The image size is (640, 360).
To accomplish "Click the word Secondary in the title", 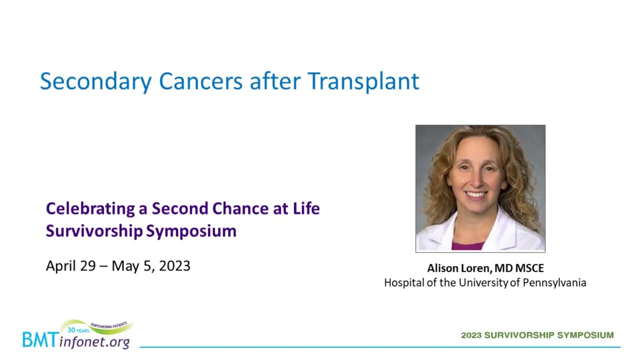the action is (x=96, y=82).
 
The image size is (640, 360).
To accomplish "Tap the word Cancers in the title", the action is (x=200, y=81).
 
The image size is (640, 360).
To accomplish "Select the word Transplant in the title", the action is (x=363, y=82).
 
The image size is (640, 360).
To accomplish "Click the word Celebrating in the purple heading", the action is (x=90, y=209).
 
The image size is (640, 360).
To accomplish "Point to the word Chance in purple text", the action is (x=240, y=208).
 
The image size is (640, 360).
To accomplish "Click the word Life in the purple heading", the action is (x=306, y=208).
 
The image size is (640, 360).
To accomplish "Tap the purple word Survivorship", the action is (x=94, y=231).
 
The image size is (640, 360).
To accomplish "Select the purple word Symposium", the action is (x=191, y=231).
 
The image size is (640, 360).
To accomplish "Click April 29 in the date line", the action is (x=71, y=266).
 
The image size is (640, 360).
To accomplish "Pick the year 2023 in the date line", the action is (x=174, y=266).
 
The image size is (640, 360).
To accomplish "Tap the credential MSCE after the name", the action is (x=529, y=268).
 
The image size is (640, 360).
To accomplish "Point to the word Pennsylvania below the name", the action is (x=554, y=283).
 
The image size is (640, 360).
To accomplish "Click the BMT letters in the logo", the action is (x=41, y=339).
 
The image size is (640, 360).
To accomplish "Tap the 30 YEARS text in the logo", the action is (x=78, y=330).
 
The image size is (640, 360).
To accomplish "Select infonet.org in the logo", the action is (x=94, y=342).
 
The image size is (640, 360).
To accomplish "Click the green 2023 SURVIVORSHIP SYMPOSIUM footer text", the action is (x=537, y=335).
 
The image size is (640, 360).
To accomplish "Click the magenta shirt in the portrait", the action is (x=467, y=245).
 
